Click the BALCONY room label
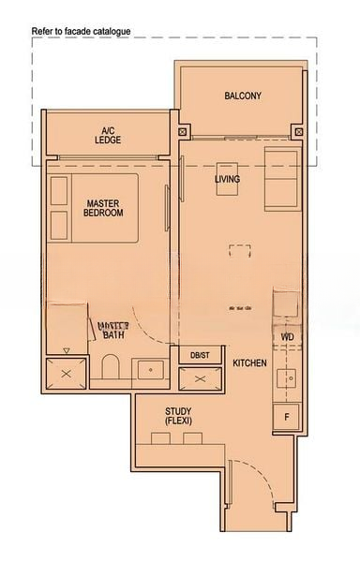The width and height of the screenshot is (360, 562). (x=242, y=96)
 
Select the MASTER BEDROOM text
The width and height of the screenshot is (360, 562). (x=103, y=208)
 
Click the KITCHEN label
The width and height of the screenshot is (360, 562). (x=250, y=362)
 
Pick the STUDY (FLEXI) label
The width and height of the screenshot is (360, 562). (x=178, y=416)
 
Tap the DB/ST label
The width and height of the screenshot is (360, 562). (x=200, y=356)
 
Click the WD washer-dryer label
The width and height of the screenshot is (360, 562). (x=287, y=337)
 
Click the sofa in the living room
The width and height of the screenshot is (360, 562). (x=279, y=178)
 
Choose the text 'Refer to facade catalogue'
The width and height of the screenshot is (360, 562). (x=81, y=31)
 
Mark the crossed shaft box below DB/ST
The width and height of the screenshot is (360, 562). (x=201, y=378)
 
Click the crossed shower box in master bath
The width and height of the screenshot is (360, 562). (x=66, y=372)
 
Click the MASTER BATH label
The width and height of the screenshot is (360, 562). (x=113, y=330)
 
